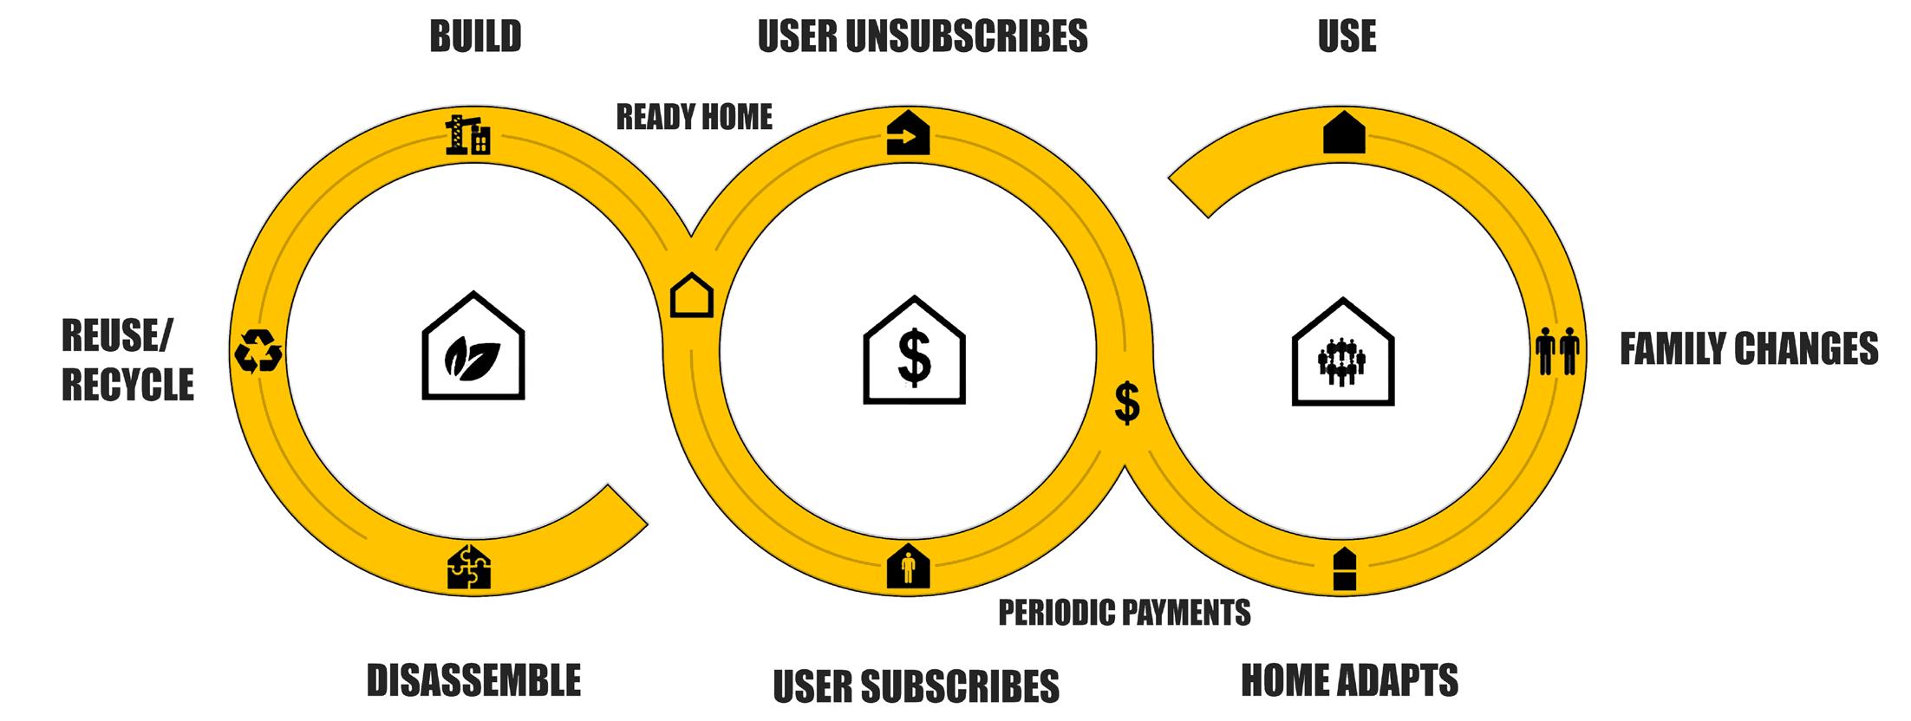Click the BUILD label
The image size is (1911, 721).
pos(475,36)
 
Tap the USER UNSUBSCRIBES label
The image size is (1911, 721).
pos(923,36)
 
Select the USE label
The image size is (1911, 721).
pos(1347,36)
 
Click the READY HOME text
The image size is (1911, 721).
pos(694,116)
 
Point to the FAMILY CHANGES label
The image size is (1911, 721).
pos(1749,349)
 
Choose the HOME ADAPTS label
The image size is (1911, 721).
pos(1349,680)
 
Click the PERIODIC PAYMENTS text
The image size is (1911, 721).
pos(1125,613)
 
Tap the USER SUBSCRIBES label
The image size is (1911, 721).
pos(916,685)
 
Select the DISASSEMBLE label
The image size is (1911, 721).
pos(473,680)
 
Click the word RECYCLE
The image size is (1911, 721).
pos(127,385)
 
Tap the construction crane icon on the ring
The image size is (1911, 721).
pos(467,134)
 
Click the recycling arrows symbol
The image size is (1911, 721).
pos(258,352)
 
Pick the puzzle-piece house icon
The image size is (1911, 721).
pos(469,568)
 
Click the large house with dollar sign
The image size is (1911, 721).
pos(914,350)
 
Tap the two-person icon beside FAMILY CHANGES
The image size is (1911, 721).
pos(1557,351)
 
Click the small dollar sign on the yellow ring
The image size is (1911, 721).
pos(1126,403)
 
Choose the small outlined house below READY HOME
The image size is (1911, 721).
pos(692,296)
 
